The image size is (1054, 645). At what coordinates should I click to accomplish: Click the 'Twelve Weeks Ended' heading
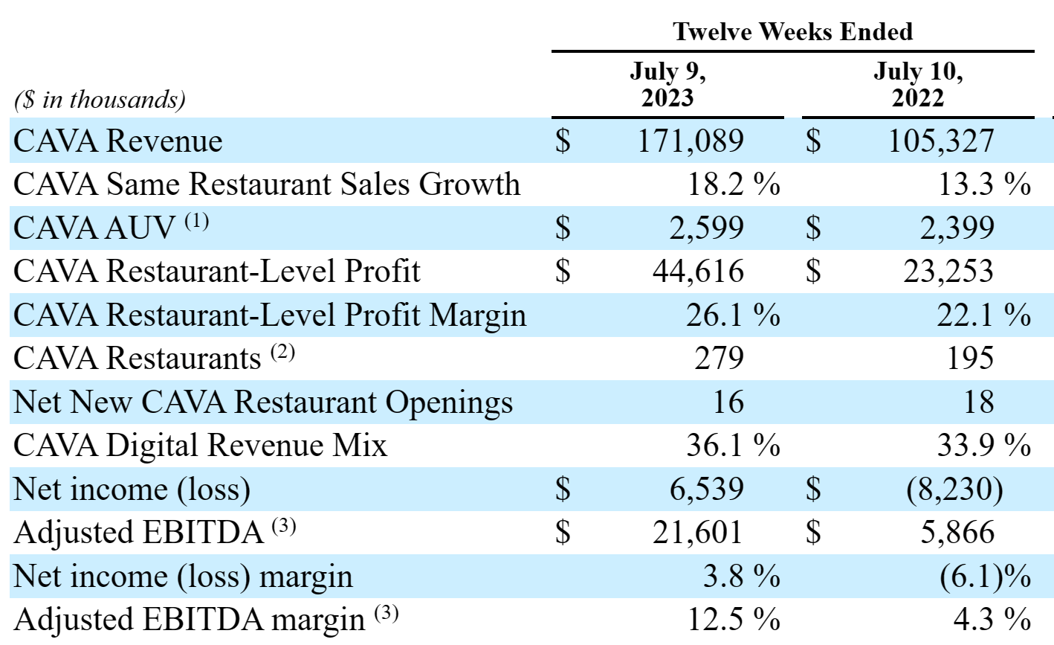pos(792,31)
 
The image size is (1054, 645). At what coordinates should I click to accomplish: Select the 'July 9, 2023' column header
pos(667,85)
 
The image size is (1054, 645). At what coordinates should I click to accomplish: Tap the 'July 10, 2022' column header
pos(918,85)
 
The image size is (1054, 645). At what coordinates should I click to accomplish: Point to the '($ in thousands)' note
pos(100,100)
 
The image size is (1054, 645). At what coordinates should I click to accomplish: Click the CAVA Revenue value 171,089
pos(691,141)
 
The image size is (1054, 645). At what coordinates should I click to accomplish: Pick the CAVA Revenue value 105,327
pos(941,141)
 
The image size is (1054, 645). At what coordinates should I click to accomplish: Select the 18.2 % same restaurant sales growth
pos(733,184)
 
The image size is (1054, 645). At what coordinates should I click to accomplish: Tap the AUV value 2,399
pos(957,228)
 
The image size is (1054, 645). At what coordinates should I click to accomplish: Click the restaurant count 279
pos(719,358)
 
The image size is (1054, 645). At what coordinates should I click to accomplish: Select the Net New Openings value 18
pos(978,402)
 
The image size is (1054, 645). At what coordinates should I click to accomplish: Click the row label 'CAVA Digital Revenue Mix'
pos(201,446)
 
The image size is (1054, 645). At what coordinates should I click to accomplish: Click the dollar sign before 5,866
pos(814,533)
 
